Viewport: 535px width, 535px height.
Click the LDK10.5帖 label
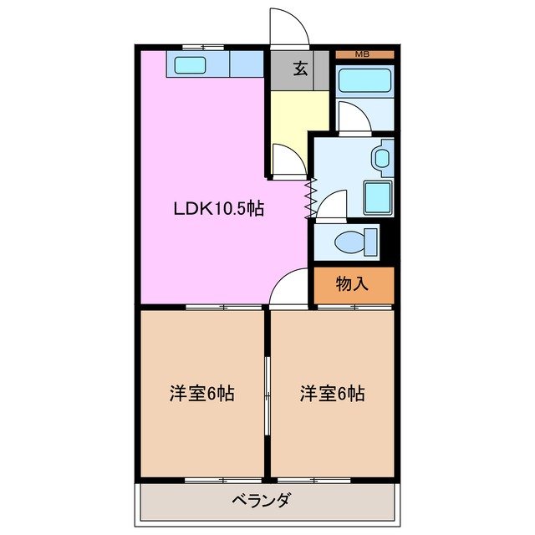(x=218, y=209)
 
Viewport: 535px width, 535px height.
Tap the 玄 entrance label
(x=299, y=69)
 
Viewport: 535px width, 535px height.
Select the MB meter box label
(x=362, y=54)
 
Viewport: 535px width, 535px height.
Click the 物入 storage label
(x=352, y=283)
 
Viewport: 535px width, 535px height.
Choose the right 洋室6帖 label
(x=332, y=393)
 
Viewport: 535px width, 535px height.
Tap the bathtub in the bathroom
(x=364, y=82)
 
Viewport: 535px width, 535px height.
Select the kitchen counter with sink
(x=215, y=64)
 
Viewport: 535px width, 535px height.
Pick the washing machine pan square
(x=378, y=197)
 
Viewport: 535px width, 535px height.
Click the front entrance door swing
(x=288, y=28)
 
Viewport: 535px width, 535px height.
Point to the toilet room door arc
(x=333, y=205)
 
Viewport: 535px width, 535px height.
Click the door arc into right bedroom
(x=290, y=290)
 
